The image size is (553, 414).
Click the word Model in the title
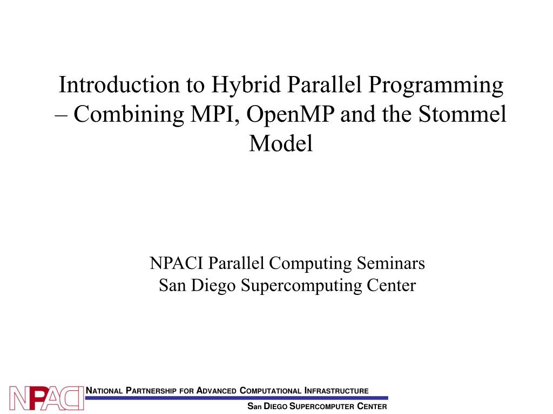[x=281, y=143]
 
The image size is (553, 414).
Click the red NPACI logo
[x=47, y=398]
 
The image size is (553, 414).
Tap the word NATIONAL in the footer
[x=105, y=390]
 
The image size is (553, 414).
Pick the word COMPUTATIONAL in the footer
[x=271, y=390]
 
